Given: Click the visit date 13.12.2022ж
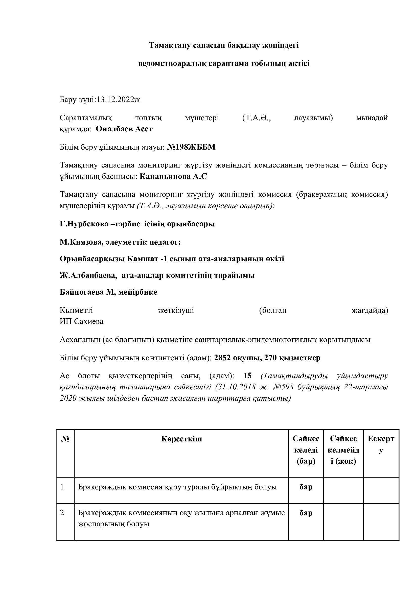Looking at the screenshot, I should pyautogui.click(x=118, y=100).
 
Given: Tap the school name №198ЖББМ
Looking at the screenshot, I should pyautogui.click(x=191, y=147).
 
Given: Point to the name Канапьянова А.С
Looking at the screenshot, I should pyautogui.click(x=173, y=176).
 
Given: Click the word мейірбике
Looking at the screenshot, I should pyautogui.click(x=138, y=292).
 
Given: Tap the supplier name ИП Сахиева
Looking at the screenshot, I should pyautogui.click(x=82, y=321).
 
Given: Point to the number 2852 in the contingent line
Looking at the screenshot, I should pyautogui.click(x=222, y=358).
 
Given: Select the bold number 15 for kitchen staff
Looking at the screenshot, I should pyautogui.click(x=247, y=376).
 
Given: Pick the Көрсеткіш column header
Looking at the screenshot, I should pyautogui.click(x=181, y=439).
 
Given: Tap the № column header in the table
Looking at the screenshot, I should pyautogui.click(x=65, y=439).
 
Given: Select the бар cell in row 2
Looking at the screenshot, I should pyautogui.click(x=306, y=513).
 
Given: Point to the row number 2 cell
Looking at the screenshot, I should pyautogui.click(x=62, y=513).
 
